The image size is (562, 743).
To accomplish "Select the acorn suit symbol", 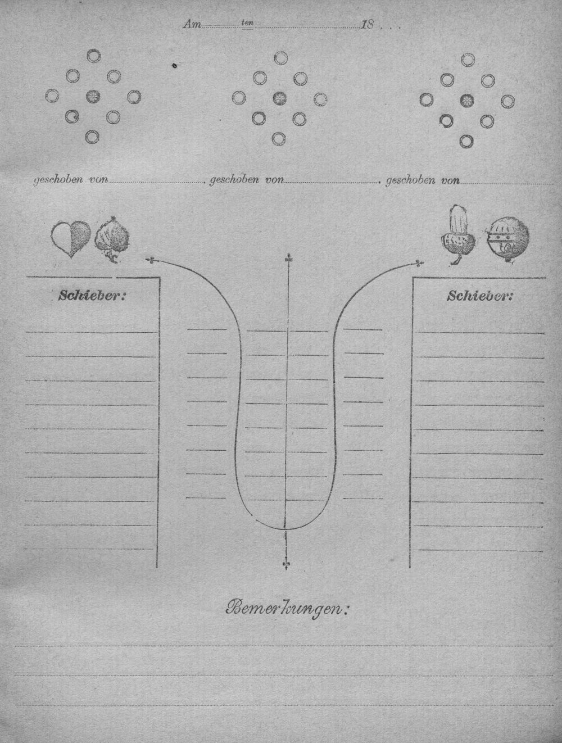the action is click(x=459, y=234).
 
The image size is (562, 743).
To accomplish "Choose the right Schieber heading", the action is click(x=479, y=296).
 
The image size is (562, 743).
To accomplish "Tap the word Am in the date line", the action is click(x=192, y=25).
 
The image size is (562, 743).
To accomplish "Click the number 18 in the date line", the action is click(x=367, y=25).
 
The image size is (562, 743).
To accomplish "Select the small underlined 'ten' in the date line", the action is click(x=247, y=24).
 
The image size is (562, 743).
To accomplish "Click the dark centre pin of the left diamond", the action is click(x=93, y=97).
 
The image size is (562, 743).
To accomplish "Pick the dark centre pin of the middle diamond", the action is click(x=280, y=98).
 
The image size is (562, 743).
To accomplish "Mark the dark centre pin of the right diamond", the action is click(x=467, y=100).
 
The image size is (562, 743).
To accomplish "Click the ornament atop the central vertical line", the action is click(x=289, y=259).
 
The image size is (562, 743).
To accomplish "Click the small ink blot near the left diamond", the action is click(x=175, y=65).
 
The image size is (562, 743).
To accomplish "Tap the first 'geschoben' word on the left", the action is click(x=58, y=180).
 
